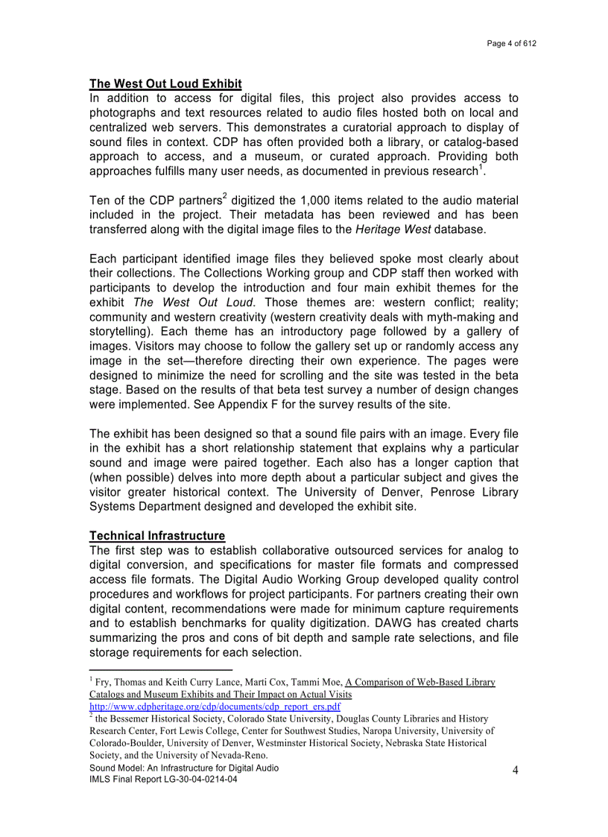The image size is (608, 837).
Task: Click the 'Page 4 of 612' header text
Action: click(511, 43)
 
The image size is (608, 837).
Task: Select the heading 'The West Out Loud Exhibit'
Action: click(165, 84)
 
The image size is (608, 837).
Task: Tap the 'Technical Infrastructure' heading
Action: click(156, 536)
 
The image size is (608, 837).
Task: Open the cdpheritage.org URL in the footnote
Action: click(215, 707)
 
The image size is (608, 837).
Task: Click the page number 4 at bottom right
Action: click(514, 771)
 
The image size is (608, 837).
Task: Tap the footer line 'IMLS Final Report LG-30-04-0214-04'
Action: click(164, 780)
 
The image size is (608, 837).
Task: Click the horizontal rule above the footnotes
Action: click(160, 670)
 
